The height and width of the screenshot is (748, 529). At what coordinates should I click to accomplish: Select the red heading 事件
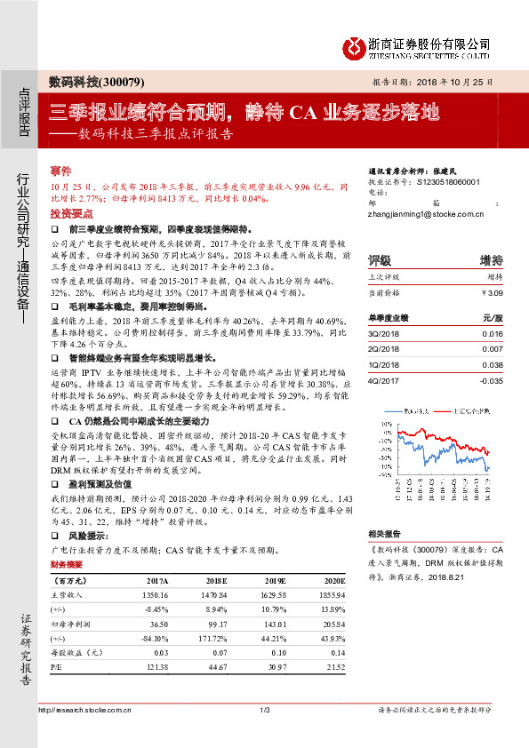pyautogui.click(x=60, y=170)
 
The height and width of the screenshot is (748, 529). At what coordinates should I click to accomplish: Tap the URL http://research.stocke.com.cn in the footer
pyautogui.click(x=86, y=709)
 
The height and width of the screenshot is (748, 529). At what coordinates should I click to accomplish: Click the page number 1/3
pyautogui.click(x=264, y=709)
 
